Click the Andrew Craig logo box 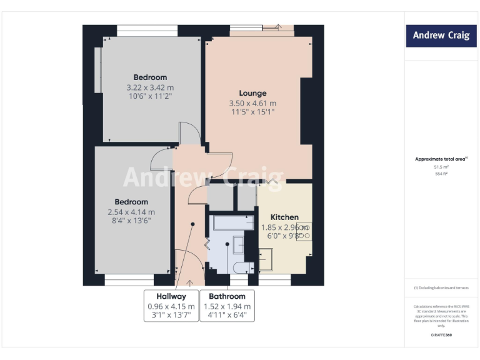pyautogui.click(x=441, y=36)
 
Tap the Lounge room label pyautogui.click(x=252, y=93)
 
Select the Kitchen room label pyautogui.click(x=284, y=217)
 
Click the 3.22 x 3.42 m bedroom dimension pyautogui.click(x=150, y=87)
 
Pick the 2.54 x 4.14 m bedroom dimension pyautogui.click(x=131, y=212)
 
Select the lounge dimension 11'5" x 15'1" pyautogui.click(x=252, y=112)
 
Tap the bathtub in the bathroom pyautogui.click(x=232, y=223)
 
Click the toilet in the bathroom pyautogui.click(x=239, y=268)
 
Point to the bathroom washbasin pyautogui.click(x=239, y=245)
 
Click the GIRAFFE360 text pyautogui.click(x=441, y=336)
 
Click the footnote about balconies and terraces pyautogui.click(x=441, y=287)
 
